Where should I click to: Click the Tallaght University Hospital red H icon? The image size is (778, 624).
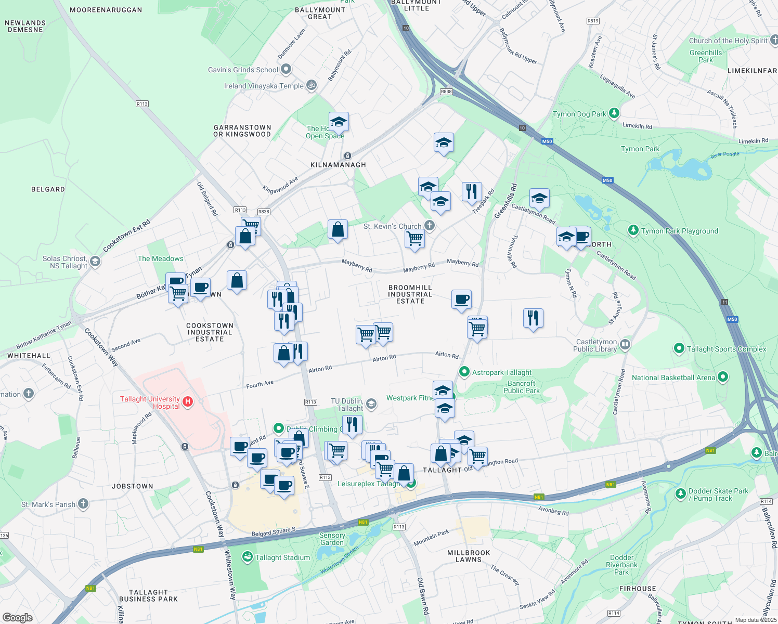[x=188, y=401]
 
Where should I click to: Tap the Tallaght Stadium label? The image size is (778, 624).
[x=282, y=557]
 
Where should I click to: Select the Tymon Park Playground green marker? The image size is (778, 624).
[x=633, y=230]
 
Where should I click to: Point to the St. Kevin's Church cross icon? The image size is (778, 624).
[x=429, y=225]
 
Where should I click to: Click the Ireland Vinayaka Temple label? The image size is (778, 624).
[x=264, y=86]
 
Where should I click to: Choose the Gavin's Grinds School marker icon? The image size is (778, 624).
[x=286, y=69]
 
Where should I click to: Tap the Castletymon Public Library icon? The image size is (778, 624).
[x=625, y=344]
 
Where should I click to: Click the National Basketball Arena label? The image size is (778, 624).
[x=673, y=378]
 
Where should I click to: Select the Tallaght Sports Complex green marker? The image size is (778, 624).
[x=679, y=348]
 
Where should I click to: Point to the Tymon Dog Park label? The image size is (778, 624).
[x=579, y=114]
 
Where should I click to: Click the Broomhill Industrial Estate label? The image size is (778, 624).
[x=410, y=294]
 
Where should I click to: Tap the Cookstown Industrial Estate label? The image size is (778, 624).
[x=210, y=332]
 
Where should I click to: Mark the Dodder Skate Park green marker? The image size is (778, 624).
[x=680, y=493]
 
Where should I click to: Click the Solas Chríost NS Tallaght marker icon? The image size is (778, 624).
[x=95, y=261]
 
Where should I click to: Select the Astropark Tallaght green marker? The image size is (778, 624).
[x=464, y=372]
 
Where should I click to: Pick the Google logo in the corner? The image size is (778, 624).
[x=17, y=617]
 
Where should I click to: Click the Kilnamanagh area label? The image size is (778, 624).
[x=338, y=165]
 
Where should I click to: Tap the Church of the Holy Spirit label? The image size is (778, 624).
[x=728, y=41]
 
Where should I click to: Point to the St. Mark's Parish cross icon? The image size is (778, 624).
[x=83, y=503]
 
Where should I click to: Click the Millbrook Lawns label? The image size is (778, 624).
[x=469, y=556]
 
